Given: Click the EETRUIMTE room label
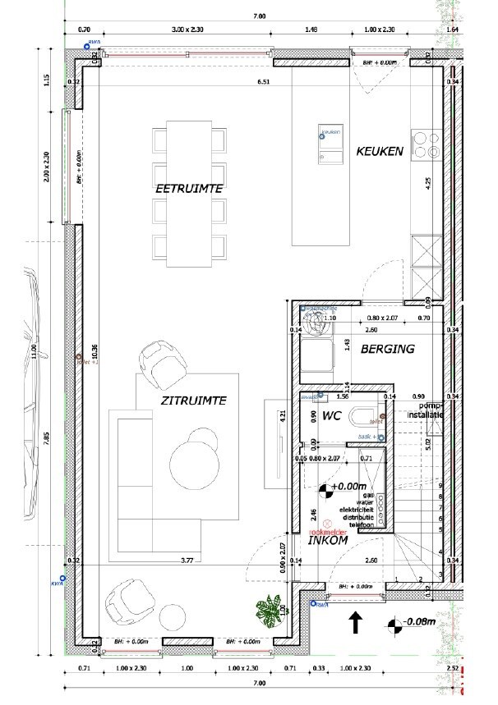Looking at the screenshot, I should [191, 189].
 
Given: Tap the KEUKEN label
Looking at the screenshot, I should [379, 151].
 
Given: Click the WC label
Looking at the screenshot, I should [331, 416].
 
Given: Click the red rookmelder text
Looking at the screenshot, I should [337, 530].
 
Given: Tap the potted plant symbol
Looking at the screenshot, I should [267, 610].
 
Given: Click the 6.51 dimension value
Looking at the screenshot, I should [264, 82].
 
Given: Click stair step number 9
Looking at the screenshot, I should [440, 486].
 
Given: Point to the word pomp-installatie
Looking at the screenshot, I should [430, 410].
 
